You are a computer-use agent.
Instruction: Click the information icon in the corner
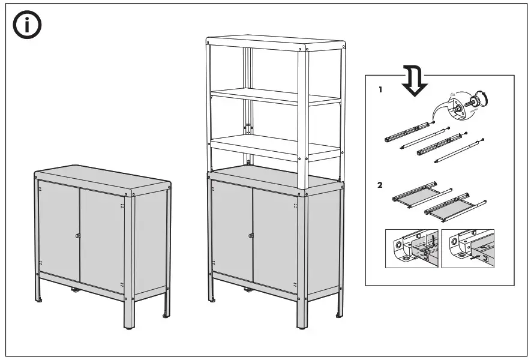point(28,25)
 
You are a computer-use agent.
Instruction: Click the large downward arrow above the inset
point(414,81)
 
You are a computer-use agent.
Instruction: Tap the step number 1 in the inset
point(380,90)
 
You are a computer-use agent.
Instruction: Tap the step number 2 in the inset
point(380,184)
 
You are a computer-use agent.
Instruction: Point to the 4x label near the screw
point(453,94)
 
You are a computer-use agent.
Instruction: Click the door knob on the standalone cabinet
point(78,236)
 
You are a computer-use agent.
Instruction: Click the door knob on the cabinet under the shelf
point(250,235)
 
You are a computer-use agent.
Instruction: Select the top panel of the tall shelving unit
point(276,43)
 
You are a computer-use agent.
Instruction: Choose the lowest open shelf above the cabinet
point(276,146)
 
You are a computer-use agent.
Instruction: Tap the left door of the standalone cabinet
point(58,231)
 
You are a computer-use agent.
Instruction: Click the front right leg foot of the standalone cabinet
point(128,328)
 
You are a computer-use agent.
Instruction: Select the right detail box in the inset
point(467,248)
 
